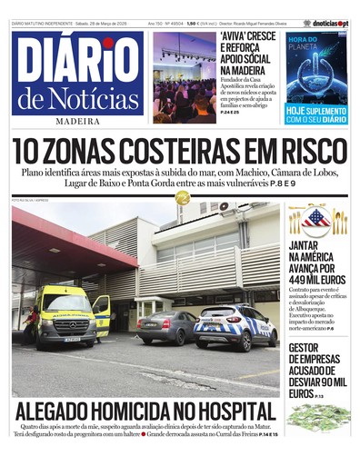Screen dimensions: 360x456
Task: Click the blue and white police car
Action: [x=236, y=325]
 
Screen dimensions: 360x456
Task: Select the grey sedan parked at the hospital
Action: [x=168, y=326]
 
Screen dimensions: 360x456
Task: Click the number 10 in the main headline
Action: [x=28, y=152]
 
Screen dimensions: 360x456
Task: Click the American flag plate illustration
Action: [x=317, y=219]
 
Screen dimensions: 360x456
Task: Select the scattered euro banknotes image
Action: [x=317, y=416]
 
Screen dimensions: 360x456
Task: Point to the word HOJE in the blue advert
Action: [x=299, y=110]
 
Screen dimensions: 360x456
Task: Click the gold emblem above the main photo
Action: [x=182, y=197]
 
